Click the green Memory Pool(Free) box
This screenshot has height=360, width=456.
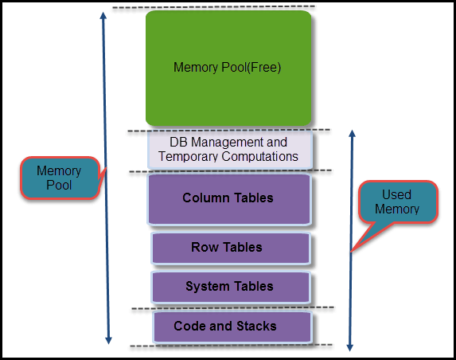[228, 68]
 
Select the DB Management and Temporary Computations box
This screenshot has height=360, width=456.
[228, 150]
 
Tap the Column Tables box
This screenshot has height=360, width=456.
[228, 198]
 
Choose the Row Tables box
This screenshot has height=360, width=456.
[229, 248]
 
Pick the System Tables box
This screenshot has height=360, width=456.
[229, 286]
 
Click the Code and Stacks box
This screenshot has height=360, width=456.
[230, 327]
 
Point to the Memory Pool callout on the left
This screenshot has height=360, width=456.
[60, 178]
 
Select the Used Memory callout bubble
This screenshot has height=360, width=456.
[396, 202]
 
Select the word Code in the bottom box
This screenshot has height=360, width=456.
[191, 327]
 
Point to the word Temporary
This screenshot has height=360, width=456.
[188, 157]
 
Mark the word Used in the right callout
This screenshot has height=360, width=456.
[396, 195]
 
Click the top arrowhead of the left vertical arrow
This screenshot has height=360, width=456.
[103, 17]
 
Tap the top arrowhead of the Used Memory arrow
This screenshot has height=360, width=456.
[350, 135]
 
